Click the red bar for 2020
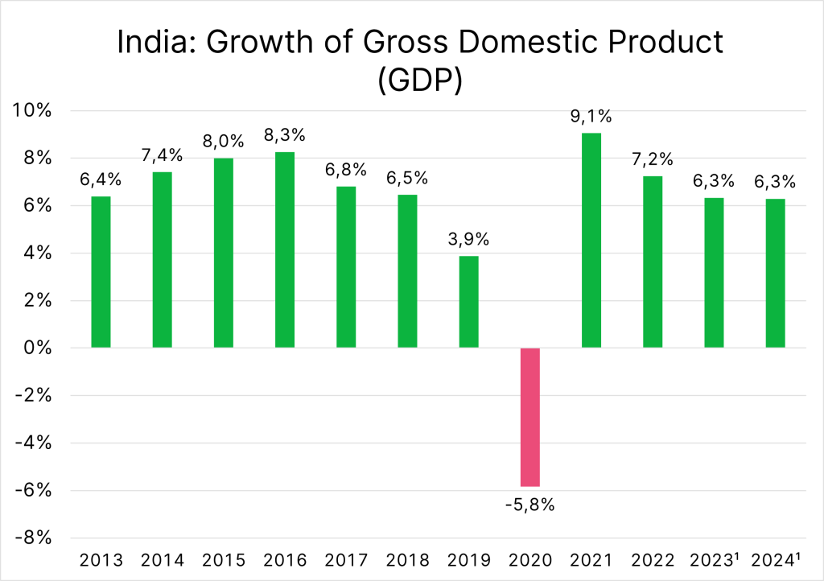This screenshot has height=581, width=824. tap(529, 417)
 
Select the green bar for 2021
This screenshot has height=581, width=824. tap(591, 240)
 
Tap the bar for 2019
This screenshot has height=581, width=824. tap(468, 302)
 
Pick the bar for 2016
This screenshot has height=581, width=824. tap(285, 249)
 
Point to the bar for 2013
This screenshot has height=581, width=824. tap(101, 272)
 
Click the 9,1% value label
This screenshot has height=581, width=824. tap(591, 117)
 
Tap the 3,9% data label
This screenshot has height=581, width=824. tap(468, 240)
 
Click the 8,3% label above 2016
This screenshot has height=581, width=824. tap(285, 135)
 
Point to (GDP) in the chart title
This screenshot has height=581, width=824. tap(419, 81)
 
